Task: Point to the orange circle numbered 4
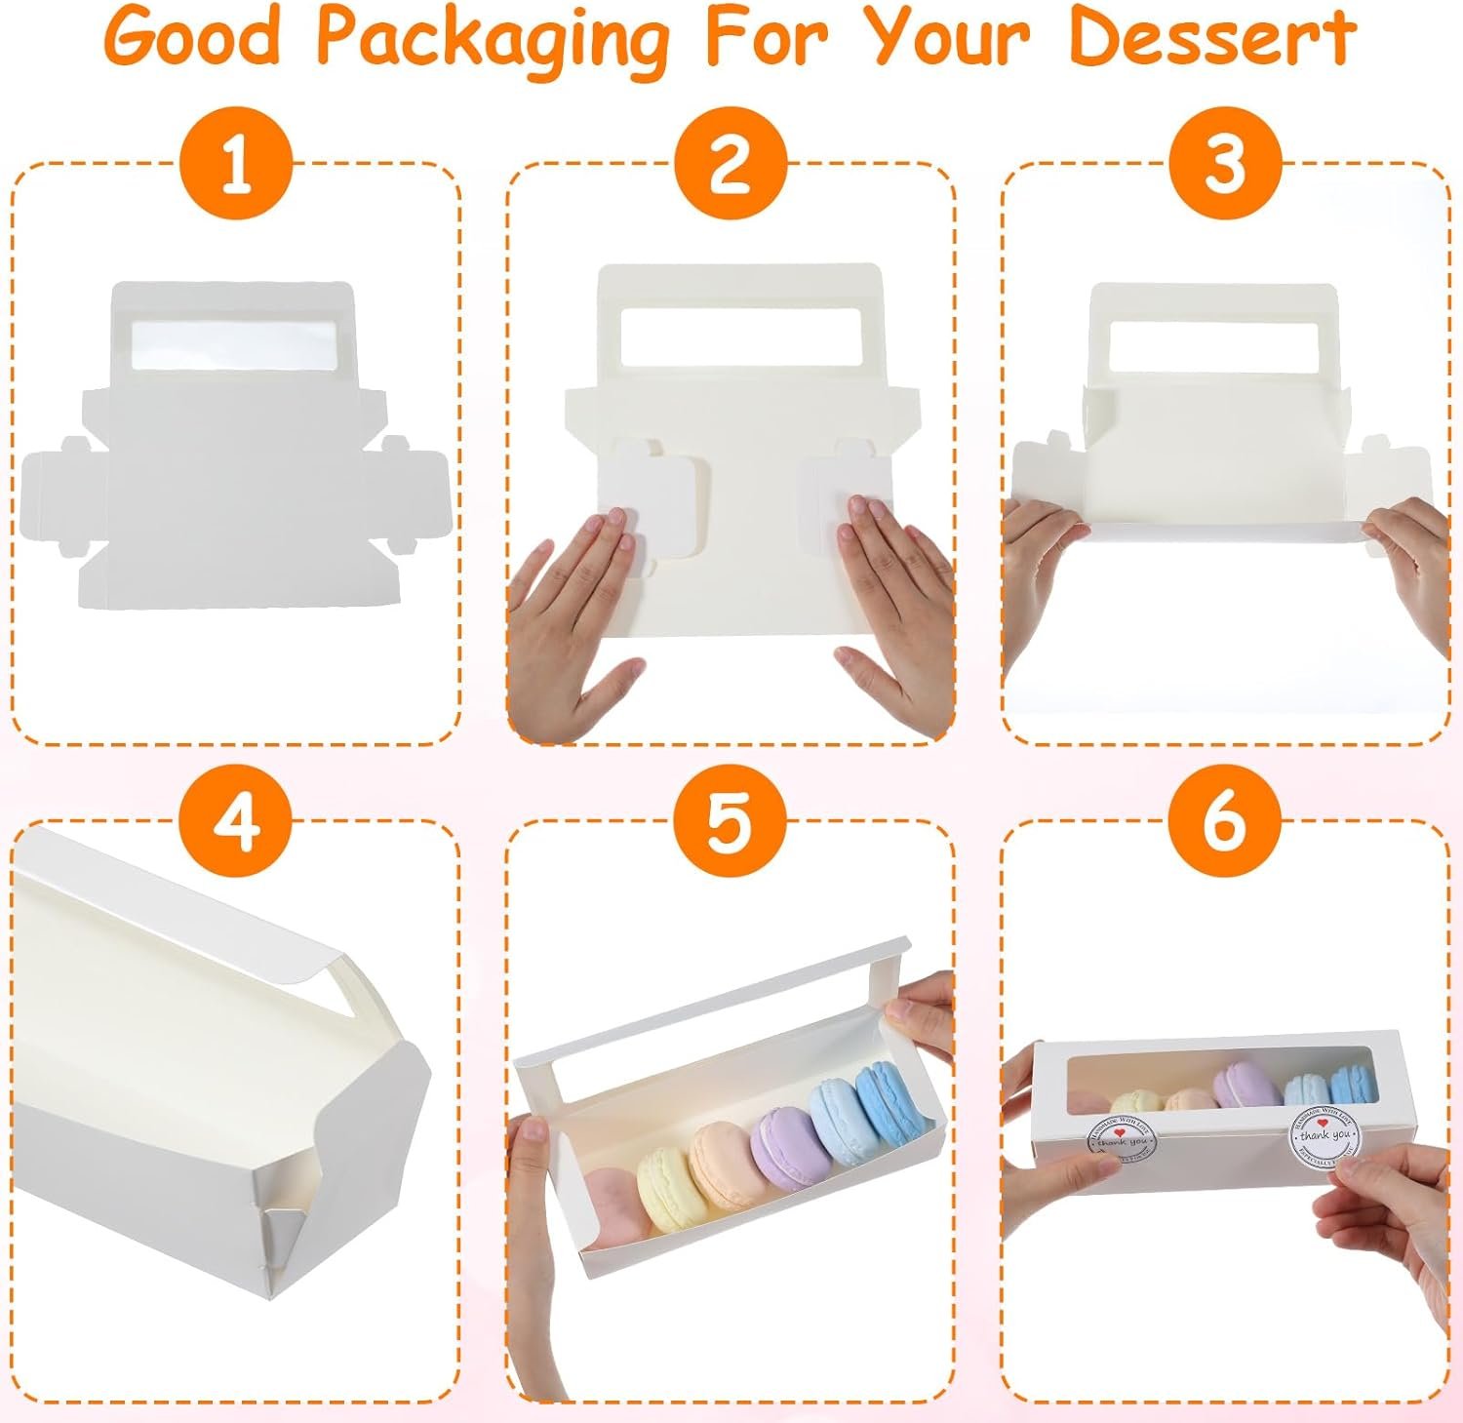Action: coord(236,820)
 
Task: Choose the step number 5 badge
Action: coord(730,820)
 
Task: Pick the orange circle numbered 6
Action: coord(1225,820)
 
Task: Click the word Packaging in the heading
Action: coord(494,39)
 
